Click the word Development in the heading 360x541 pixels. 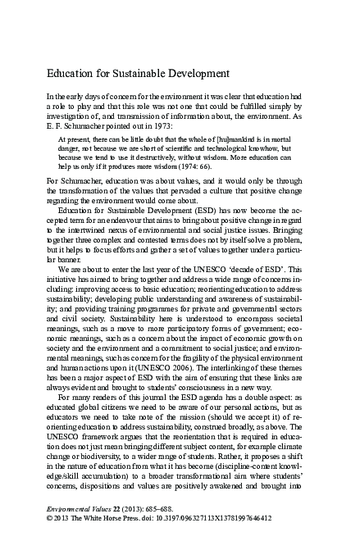[203, 75]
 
